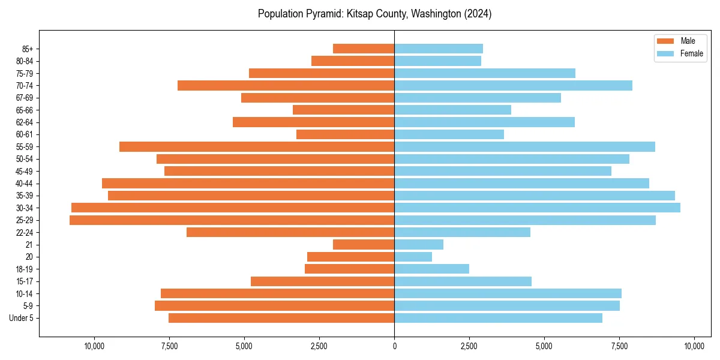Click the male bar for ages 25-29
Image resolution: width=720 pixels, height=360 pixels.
pos(232,220)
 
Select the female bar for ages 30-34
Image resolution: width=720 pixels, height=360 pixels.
pos(537,208)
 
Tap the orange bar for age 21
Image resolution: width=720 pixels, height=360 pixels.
pos(364,245)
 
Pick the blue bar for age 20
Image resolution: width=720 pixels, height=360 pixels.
pos(413,257)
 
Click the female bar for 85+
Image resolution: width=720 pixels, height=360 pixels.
pos(439,49)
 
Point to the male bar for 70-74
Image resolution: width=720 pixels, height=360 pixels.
pos(286,86)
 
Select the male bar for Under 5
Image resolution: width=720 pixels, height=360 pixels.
pos(281,318)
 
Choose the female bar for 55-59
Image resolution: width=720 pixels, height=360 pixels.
pos(524,147)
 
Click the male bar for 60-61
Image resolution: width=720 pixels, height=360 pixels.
pos(345,134)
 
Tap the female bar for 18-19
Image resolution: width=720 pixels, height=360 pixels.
pos(431,269)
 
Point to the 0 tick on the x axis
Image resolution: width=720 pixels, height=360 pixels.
pos(394,346)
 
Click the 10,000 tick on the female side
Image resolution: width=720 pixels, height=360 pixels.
pos(694,346)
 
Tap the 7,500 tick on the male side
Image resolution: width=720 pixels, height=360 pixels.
pos(169,346)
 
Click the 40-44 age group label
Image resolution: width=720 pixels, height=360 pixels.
pos(25,184)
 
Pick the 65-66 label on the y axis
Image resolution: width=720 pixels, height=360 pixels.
pos(25,110)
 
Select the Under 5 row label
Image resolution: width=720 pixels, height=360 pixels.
pos(22,318)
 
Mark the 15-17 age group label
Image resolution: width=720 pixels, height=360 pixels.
pos(25,281)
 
